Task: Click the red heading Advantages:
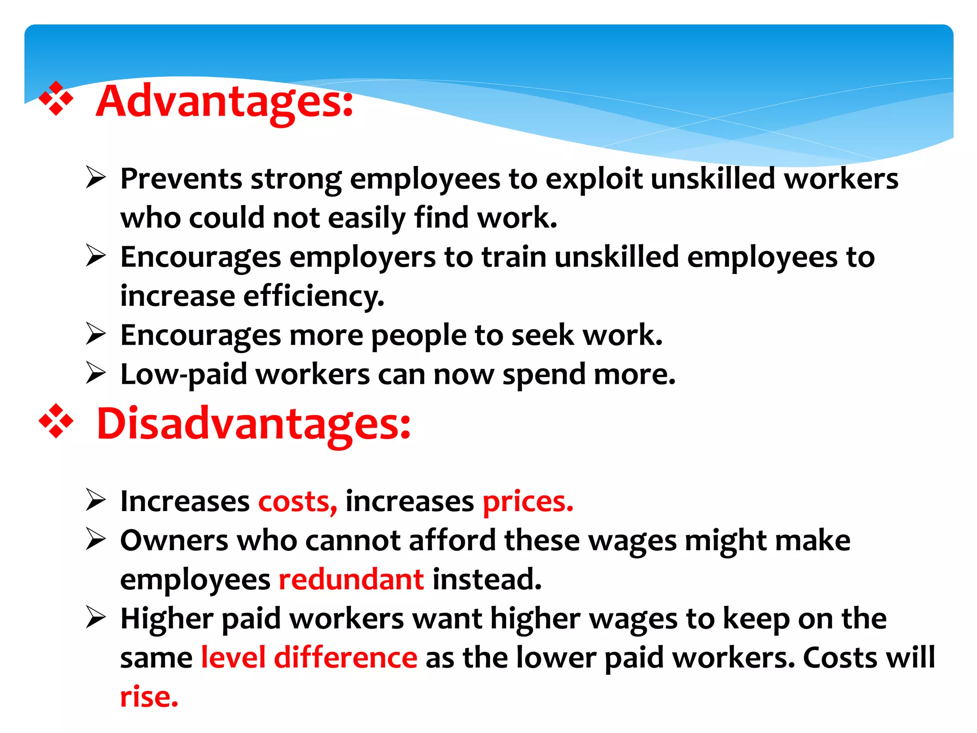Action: coord(224,102)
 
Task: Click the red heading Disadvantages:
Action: coord(253,424)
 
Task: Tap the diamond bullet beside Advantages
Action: coord(56,99)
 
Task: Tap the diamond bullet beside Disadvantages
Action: coord(56,421)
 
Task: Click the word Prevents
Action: coord(181,179)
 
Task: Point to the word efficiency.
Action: coord(313,297)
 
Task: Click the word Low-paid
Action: coord(184,375)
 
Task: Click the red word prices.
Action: coord(528,502)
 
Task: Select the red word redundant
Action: coord(351,580)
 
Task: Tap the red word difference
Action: coord(345,658)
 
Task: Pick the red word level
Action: coord(233,658)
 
